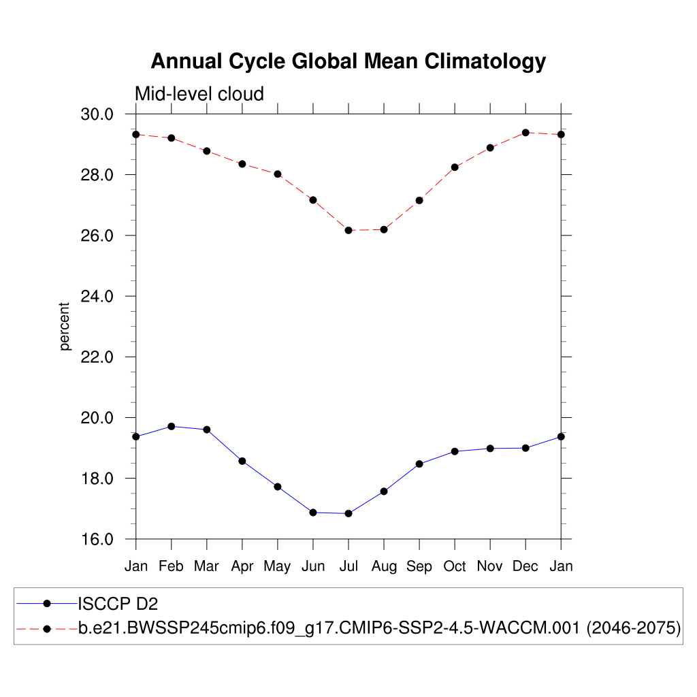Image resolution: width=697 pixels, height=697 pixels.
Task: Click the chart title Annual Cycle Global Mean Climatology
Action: (x=348, y=61)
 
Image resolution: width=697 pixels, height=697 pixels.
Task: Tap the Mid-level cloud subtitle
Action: (x=199, y=93)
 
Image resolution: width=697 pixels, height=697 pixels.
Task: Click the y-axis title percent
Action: (x=65, y=327)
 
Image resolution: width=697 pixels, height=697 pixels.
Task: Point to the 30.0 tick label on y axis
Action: (x=97, y=114)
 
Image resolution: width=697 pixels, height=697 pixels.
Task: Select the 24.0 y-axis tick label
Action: (x=97, y=297)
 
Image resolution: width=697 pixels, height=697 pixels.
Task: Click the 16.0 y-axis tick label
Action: (x=97, y=540)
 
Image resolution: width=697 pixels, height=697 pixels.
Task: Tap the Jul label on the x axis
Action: (x=348, y=566)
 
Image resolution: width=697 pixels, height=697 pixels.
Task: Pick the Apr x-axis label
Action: (x=242, y=566)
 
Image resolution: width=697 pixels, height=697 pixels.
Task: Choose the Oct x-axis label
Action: (x=455, y=566)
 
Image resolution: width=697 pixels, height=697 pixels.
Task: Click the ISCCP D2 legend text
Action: (x=118, y=603)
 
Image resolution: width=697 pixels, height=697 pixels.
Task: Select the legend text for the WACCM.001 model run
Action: (x=380, y=628)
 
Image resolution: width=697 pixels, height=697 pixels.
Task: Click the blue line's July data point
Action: (x=348, y=514)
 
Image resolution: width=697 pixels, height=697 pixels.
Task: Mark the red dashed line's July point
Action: (x=348, y=231)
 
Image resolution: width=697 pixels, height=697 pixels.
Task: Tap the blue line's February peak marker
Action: (x=172, y=427)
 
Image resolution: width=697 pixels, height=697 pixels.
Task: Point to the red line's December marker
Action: (x=525, y=133)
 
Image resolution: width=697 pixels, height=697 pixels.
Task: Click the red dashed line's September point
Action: (x=419, y=200)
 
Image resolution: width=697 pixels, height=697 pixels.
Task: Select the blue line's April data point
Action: (x=242, y=461)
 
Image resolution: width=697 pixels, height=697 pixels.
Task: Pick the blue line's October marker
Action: (x=455, y=451)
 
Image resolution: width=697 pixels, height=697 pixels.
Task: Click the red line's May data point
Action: (x=278, y=174)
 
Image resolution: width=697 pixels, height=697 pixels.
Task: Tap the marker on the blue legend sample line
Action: (x=47, y=603)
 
